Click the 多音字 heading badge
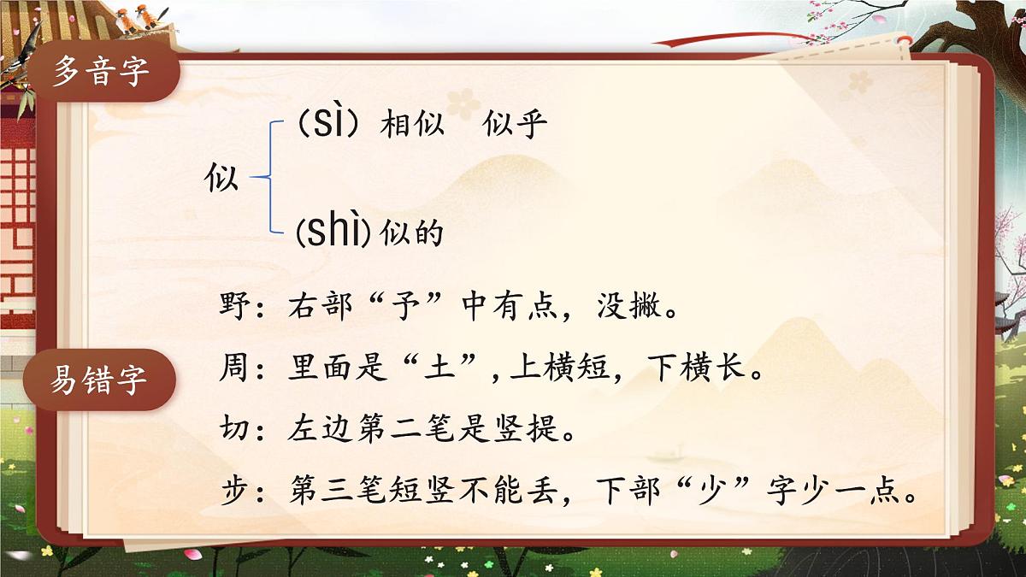101,72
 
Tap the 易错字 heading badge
101,379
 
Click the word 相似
412,127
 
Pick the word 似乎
515,127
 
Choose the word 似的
412,232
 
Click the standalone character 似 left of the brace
222,180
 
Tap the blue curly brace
267,178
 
